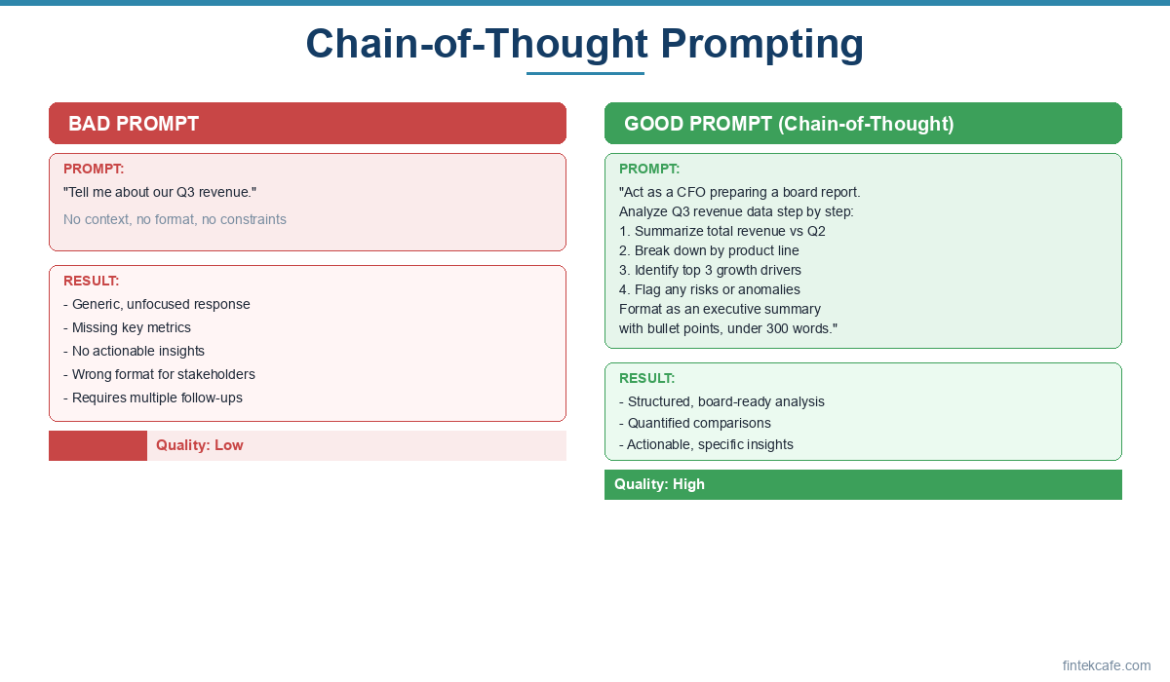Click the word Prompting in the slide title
[x=762, y=45]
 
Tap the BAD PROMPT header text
[x=134, y=124]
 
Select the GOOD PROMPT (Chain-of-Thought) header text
[x=789, y=124]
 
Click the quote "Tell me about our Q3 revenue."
[x=160, y=192]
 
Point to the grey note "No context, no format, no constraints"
[x=175, y=219]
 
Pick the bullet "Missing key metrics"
[x=127, y=327]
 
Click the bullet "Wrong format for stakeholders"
[x=159, y=374]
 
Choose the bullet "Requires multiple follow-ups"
[x=152, y=398]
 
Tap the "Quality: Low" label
[x=200, y=445]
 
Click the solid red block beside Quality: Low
[x=97, y=445]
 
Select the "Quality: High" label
[x=659, y=484]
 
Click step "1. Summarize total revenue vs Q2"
[x=721, y=231]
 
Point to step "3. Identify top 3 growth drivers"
[x=710, y=270]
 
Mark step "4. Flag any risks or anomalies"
[x=710, y=289]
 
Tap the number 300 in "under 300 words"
[x=777, y=328]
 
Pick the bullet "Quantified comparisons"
[x=694, y=423]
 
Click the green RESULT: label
[x=646, y=378]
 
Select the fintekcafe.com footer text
[x=1107, y=665]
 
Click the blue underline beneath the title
[x=585, y=74]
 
